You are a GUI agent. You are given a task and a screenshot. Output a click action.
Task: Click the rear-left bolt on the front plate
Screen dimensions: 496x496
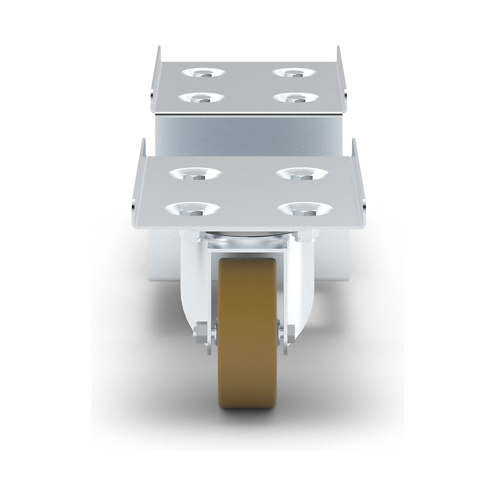194,176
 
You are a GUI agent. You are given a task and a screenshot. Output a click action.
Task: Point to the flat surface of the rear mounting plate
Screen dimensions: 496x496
248,87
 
